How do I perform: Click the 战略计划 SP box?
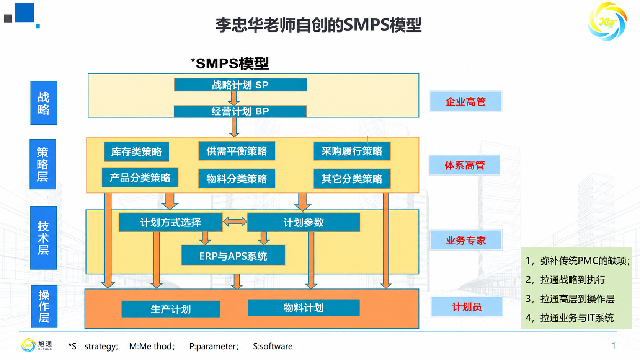point(240,85)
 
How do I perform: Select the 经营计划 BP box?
point(240,111)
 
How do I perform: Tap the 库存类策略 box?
point(137,151)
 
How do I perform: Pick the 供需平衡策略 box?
point(237,151)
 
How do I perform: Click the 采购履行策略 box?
point(352,151)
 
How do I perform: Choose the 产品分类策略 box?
point(140,178)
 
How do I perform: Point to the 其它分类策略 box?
point(352,179)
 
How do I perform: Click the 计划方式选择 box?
point(171,222)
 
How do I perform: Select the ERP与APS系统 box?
point(233,255)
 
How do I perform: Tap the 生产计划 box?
point(171,309)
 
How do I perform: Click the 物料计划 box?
point(304,308)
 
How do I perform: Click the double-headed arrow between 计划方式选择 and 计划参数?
point(235,222)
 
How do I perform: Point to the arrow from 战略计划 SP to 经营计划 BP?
point(234,98)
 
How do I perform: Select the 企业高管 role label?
point(466,101)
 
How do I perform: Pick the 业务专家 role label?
point(466,240)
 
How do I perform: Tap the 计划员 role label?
point(467,306)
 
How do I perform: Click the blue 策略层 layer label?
point(43,164)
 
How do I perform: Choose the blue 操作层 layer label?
point(44,306)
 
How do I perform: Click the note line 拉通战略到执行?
point(566,280)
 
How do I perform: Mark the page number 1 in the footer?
point(614,346)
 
